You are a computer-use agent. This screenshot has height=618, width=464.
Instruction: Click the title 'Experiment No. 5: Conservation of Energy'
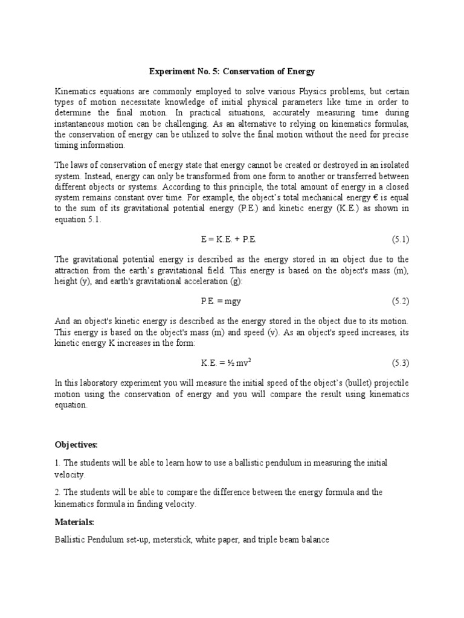point(232,71)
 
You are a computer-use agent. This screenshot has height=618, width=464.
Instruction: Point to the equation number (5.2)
point(401,301)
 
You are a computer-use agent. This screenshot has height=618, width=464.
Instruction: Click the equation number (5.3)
point(401,363)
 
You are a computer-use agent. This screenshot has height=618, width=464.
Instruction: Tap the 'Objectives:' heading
point(76,445)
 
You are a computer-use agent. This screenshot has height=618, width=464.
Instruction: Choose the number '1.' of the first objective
point(57,462)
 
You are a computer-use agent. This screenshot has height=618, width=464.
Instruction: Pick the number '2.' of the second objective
point(57,492)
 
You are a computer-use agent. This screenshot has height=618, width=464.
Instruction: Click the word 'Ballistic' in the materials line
point(70,540)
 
